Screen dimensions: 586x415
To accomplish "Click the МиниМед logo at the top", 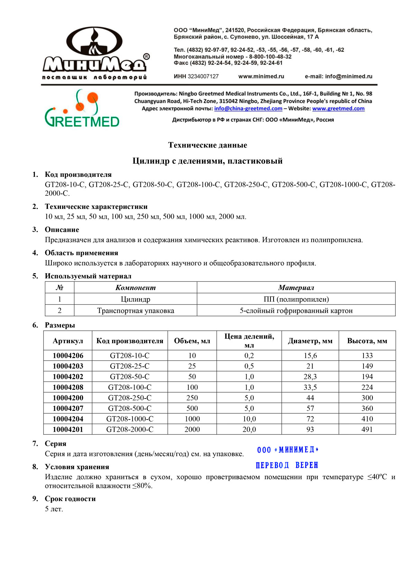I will [95, 54].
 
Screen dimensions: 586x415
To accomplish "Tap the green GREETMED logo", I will [82, 108].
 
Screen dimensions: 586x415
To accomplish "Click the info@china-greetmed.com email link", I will [248, 108].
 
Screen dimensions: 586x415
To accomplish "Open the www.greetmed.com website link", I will [338, 108].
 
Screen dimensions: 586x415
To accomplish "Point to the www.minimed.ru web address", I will [261, 76].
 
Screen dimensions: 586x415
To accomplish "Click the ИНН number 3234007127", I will [203, 76].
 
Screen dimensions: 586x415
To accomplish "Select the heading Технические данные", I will [207, 145].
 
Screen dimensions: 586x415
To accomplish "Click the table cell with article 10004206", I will [68, 356].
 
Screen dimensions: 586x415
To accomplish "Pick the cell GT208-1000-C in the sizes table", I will [130, 419].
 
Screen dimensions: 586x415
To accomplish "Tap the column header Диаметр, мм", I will [310, 341].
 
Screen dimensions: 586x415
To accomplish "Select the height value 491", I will [367, 430].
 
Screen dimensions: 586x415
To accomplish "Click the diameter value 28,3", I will [310, 377].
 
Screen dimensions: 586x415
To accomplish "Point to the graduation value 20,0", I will [249, 430].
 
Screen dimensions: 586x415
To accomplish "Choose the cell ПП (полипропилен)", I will [296, 299].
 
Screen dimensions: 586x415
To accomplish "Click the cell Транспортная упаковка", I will [136, 311].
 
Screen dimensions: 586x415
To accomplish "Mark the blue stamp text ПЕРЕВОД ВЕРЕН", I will [287, 465].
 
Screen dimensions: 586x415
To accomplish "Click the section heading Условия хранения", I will [77, 467].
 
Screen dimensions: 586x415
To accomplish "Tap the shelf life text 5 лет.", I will [54, 509].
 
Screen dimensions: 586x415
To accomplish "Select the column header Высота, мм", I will [367, 341].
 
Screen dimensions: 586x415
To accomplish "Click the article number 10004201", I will [68, 430].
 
